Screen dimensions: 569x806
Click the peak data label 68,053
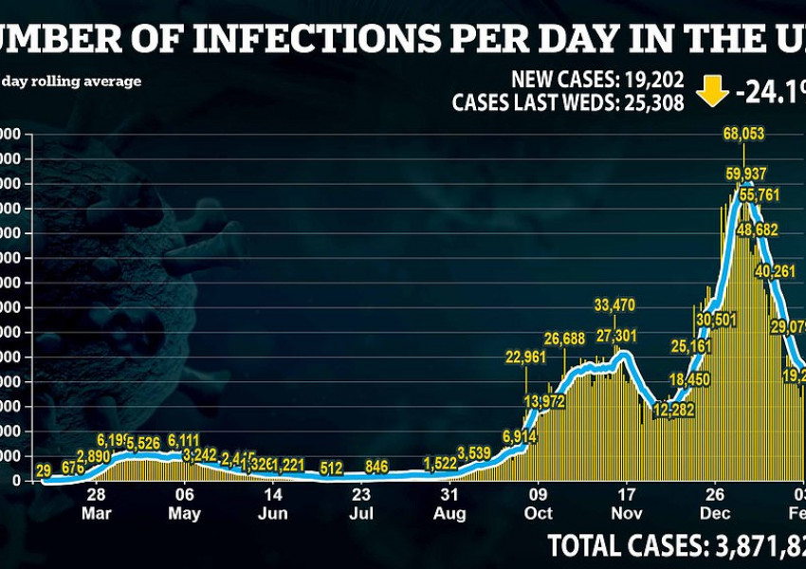click(743, 135)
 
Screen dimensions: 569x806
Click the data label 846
click(376, 466)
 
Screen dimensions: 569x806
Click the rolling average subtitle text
click(72, 82)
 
